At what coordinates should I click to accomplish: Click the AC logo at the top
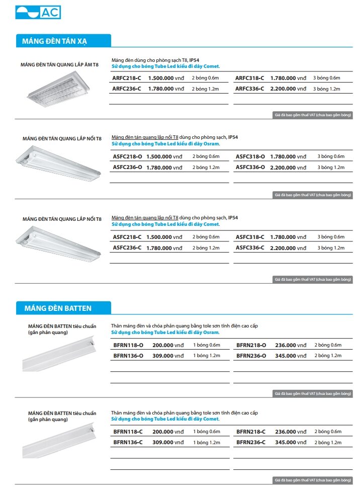38,12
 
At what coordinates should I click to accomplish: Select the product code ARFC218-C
127,78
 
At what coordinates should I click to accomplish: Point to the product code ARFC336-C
249,89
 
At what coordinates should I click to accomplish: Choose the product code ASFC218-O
127,156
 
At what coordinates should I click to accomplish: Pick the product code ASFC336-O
250,167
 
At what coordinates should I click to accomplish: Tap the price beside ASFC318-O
288,156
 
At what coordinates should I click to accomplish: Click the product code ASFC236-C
127,247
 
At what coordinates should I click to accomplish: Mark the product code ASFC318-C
250,237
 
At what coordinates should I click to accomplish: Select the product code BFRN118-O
128,345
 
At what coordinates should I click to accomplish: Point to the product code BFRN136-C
128,442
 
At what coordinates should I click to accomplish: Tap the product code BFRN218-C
251,432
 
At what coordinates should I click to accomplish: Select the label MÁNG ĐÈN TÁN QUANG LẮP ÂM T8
59,64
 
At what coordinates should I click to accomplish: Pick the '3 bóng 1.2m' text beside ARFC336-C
327,89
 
